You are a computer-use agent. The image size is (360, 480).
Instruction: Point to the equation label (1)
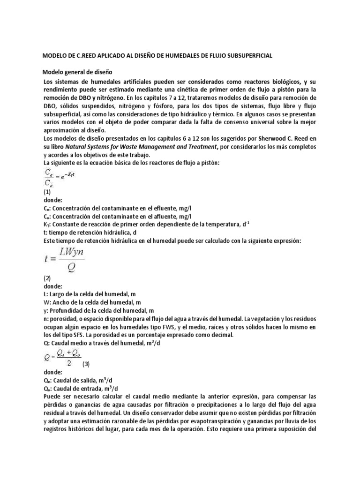pyautogui.click(x=47, y=191)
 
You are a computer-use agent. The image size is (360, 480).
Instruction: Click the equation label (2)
pyautogui.click(x=47, y=277)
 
